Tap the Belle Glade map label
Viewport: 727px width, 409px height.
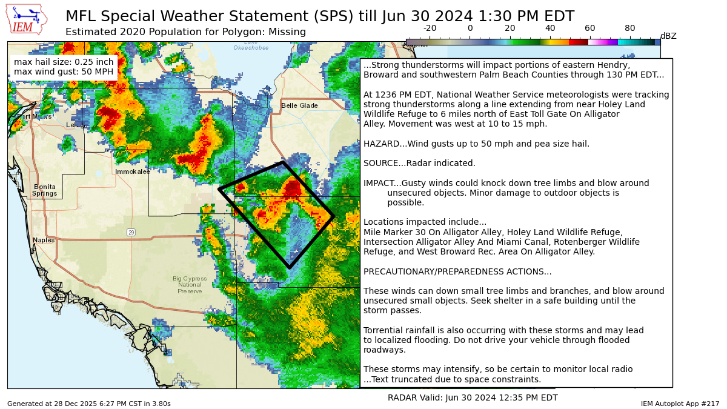click(299, 105)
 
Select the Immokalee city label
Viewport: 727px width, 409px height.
click(133, 171)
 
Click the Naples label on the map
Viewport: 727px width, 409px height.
click(44, 240)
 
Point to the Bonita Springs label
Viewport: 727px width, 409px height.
click(44, 190)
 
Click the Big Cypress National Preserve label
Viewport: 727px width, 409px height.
click(190, 285)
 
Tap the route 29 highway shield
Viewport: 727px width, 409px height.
click(131, 232)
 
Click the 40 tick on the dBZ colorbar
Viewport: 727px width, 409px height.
click(550, 28)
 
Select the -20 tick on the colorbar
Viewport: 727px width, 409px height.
click(430, 28)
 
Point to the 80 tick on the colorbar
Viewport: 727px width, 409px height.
click(630, 28)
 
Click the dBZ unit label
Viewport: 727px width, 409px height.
click(668, 36)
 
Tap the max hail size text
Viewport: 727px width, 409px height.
click(64, 62)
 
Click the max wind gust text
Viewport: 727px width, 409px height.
click(64, 72)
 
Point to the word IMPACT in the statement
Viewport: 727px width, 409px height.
click(380, 183)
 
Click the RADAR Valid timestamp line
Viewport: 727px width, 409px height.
click(473, 397)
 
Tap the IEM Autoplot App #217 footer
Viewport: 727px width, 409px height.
click(680, 404)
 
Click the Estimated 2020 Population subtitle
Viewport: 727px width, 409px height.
click(185, 32)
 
